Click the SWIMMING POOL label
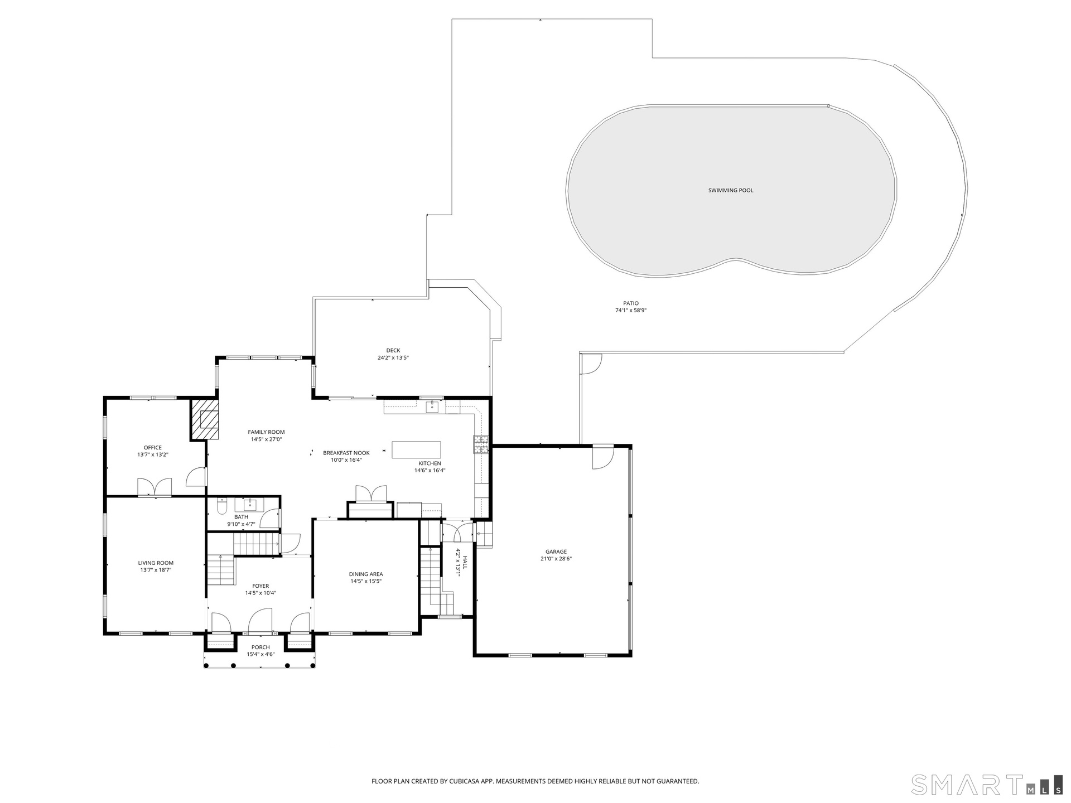pos(731,191)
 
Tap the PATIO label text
pos(631,303)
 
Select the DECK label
pos(393,351)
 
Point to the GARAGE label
pos(556,552)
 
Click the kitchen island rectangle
pos(416,449)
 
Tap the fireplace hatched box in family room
pos(205,419)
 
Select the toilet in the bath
pos(222,507)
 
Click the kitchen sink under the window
pos(432,407)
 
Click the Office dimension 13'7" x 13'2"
pos(153,454)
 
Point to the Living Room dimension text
pos(156,570)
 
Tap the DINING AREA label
pos(366,574)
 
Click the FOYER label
pos(260,586)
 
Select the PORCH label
pos(260,647)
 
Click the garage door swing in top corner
pos(603,457)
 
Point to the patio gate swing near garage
pos(591,364)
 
